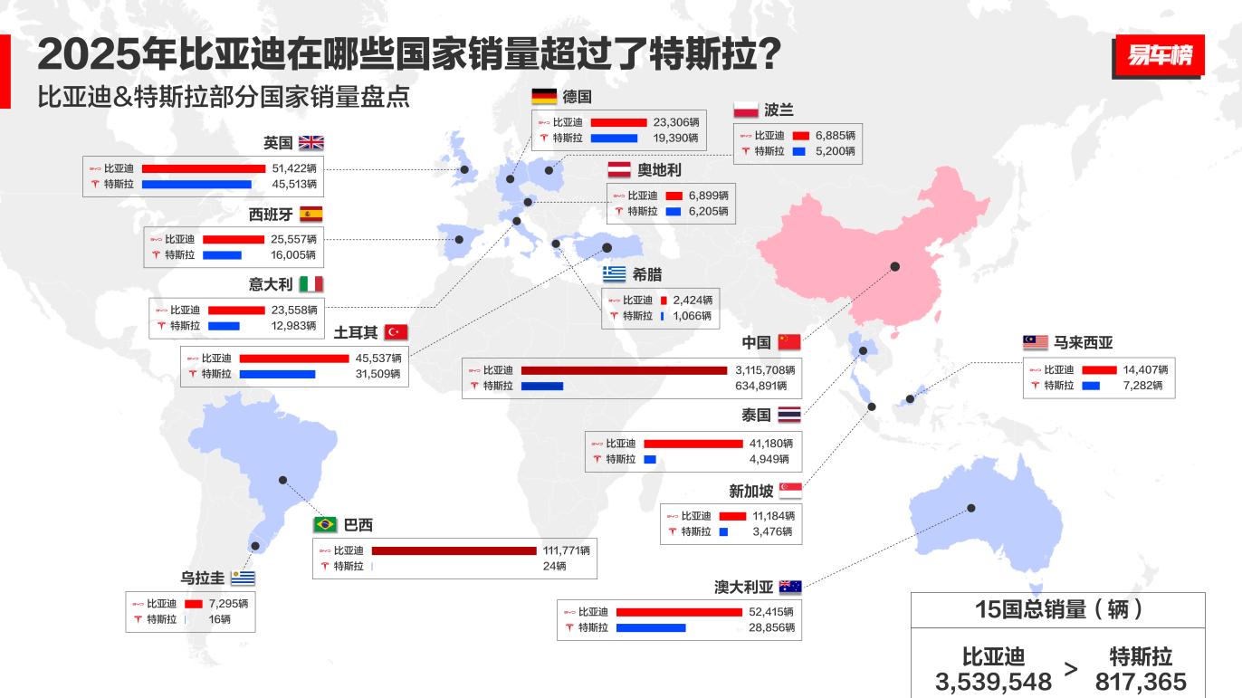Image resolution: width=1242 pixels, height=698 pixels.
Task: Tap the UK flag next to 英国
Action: coord(310,143)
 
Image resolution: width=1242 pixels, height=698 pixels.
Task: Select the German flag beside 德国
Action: coord(544,97)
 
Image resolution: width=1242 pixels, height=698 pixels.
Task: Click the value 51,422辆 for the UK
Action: coord(294,168)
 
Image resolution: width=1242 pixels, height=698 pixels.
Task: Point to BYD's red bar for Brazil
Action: coord(454,550)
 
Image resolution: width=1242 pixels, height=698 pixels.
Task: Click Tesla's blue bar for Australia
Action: coord(651,627)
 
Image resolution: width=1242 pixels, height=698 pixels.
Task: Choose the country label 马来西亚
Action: coord(1083,342)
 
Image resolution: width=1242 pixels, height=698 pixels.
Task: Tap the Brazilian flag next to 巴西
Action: coord(325,525)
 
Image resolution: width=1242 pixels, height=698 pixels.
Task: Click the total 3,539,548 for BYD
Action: coord(993,682)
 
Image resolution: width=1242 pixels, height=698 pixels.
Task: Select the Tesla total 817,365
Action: coord(1141,682)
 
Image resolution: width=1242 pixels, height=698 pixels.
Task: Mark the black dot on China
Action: coord(895,266)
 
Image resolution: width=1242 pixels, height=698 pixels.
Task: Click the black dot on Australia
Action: coord(971,508)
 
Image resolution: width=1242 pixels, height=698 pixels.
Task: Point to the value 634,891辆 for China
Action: coord(765,386)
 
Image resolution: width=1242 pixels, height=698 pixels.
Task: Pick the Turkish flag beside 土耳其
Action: coord(396,332)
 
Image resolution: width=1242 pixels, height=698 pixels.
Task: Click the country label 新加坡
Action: coord(751,492)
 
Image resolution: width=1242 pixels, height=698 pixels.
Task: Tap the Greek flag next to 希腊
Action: coord(615,274)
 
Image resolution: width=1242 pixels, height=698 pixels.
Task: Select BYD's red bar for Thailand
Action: coord(693,444)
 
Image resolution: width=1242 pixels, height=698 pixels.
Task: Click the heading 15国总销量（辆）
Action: coord(1058,609)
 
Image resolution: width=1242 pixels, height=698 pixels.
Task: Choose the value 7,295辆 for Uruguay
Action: coord(228,604)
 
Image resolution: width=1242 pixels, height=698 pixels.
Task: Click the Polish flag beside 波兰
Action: coord(745,110)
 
